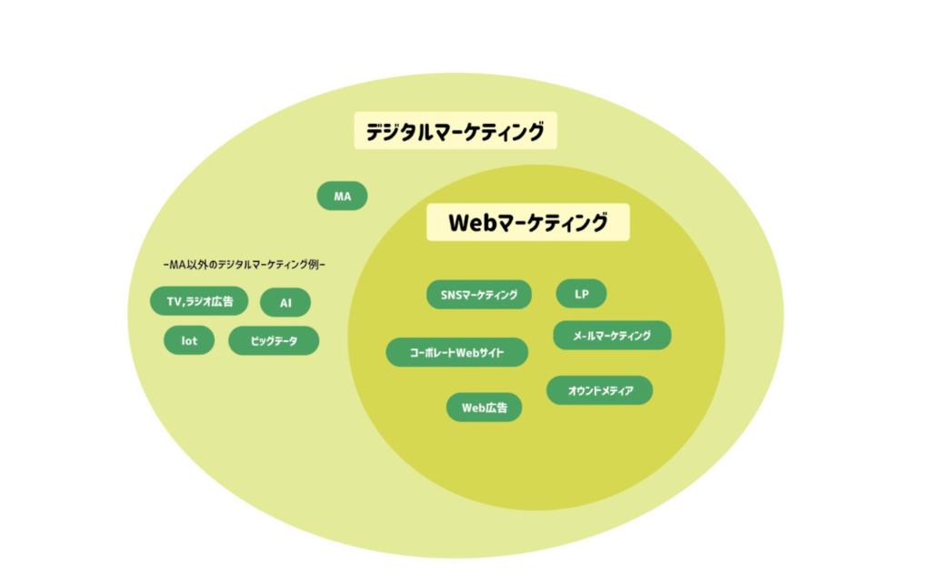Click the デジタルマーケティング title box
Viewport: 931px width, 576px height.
coord(455,132)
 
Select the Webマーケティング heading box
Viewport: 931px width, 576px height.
coord(527,222)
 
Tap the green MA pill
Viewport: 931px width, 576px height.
coord(343,196)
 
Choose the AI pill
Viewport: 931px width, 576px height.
coord(285,302)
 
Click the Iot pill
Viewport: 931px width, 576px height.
coord(189,341)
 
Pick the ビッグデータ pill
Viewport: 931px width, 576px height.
coord(274,341)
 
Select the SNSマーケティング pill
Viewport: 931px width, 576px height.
coord(479,295)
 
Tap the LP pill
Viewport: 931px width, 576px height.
coord(581,294)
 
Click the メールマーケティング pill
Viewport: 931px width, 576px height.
coord(612,336)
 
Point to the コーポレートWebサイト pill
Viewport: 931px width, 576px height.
coord(456,352)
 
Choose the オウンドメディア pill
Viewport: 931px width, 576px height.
coord(599,390)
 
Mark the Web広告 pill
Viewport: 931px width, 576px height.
coord(484,408)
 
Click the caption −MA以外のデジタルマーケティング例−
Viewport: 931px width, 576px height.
coord(243,265)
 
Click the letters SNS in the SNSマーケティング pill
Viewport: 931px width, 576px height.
coord(452,295)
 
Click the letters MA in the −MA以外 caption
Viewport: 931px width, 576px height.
coord(177,265)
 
